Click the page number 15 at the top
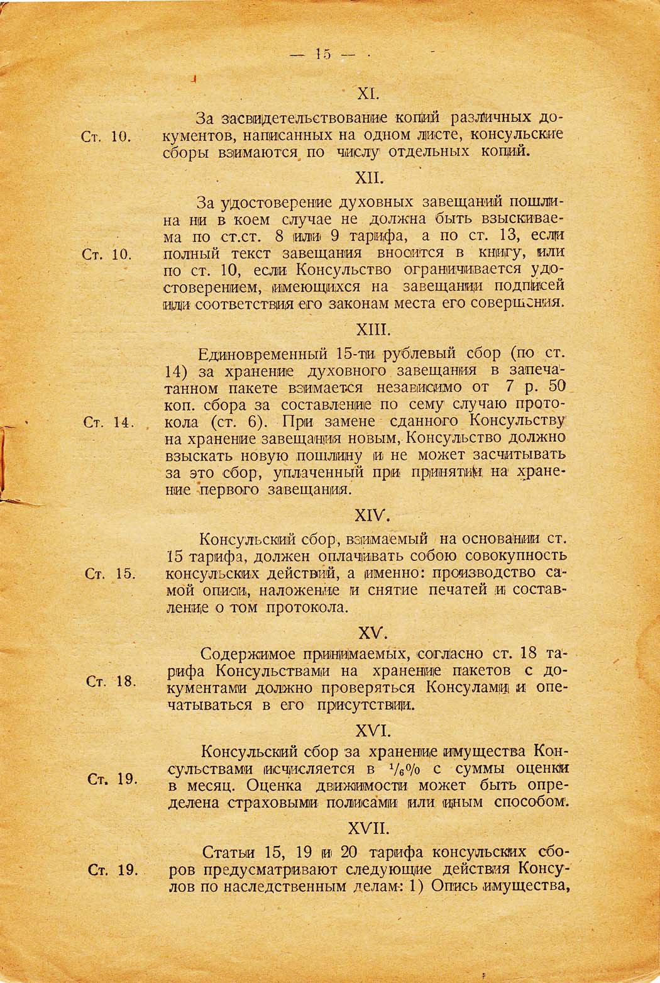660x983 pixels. point(324,54)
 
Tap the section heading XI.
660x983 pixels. point(366,94)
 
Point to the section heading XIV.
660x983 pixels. point(373,515)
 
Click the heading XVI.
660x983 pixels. point(374,731)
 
